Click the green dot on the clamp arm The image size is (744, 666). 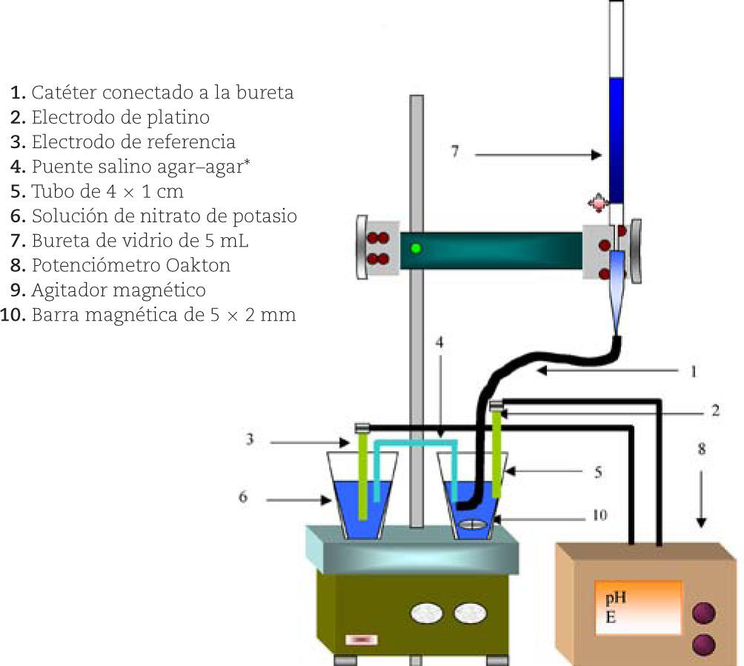point(416,248)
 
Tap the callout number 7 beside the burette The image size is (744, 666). point(455,153)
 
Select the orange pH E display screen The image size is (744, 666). point(638,607)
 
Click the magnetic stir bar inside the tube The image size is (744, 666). point(474,525)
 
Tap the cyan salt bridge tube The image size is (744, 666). point(416,444)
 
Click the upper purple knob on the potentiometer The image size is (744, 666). point(703,613)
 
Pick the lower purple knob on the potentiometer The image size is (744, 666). point(703,644)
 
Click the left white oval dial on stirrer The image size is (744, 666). point(426,613)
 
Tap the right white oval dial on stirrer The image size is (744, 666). point(471,613)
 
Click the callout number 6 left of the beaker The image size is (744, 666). point(242,497)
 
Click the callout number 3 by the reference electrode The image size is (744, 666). point(250,439)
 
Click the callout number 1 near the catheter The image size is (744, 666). point(694,371)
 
